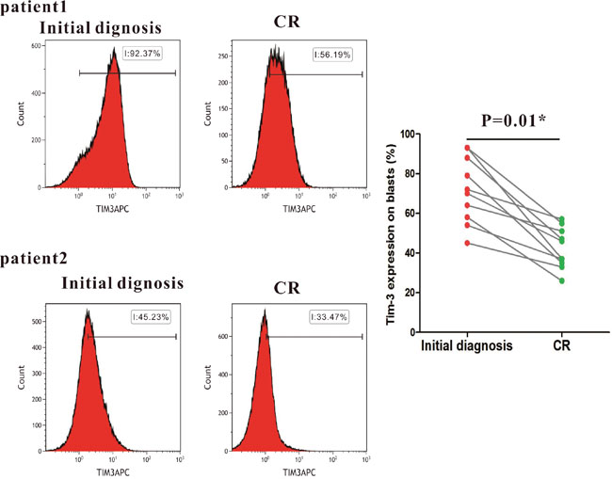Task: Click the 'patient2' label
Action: pyautogui.click(x=31, y=256)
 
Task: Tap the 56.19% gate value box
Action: pyautogui.click(x=332, y=55)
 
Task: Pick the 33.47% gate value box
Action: pyautogui.click(x=332, y=317)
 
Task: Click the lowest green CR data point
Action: pyautogui.click(x=561, y=280)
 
